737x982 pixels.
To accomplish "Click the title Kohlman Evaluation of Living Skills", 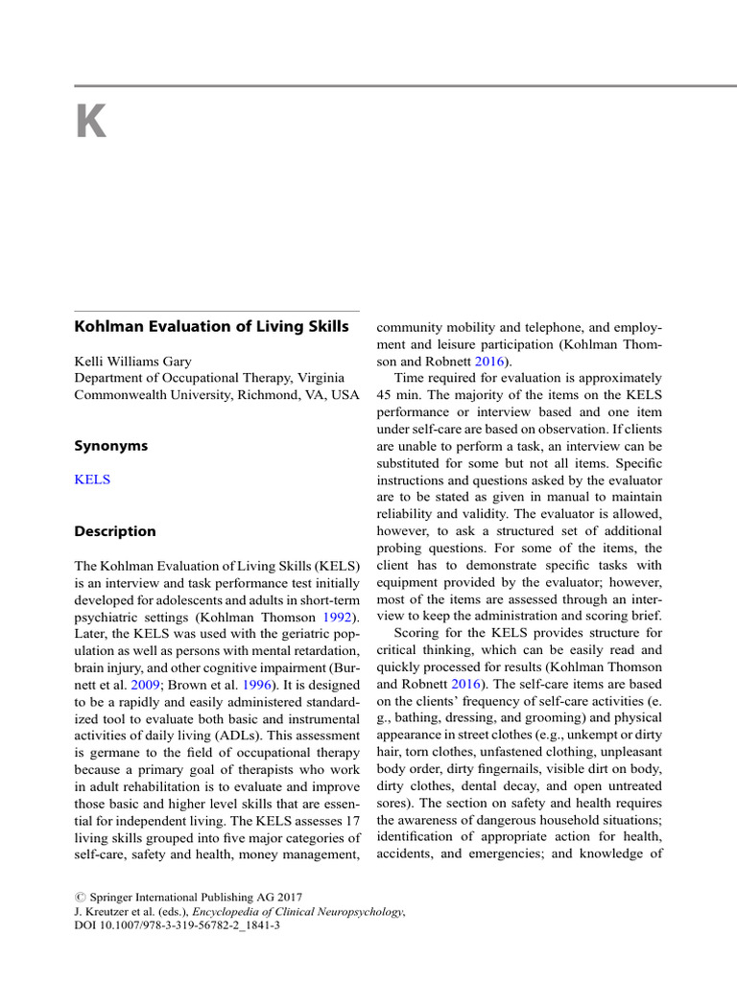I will tap(212, 326).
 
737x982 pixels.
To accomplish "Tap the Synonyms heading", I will tap(111, 446).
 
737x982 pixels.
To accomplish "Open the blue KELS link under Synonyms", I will tap(92, 479).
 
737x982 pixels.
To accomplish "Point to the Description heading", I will tap(115, 530).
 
